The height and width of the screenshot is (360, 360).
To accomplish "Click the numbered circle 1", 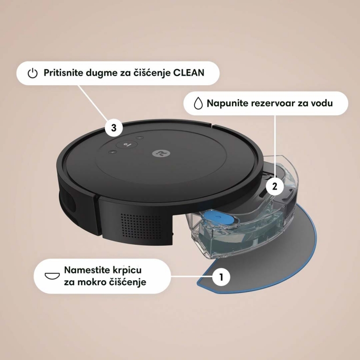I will (221, 276).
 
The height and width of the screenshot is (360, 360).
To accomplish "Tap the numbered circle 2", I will (275, 186).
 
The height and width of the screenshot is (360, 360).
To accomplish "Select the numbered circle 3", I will (113, 127).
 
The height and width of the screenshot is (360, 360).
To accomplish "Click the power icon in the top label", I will (32, 73).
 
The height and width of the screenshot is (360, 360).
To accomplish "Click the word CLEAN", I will (189, 73).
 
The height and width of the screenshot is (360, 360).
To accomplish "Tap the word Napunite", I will (228, 103).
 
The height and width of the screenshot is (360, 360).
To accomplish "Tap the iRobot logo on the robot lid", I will (157, 154).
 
